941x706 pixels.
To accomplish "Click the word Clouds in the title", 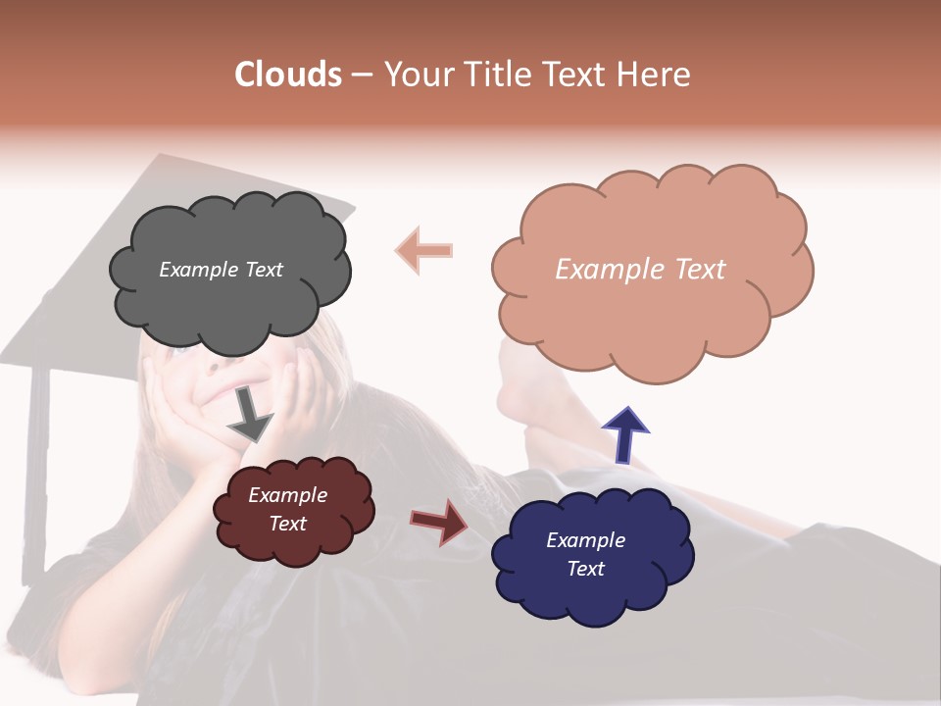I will pyautogui.click(x=288, y=75).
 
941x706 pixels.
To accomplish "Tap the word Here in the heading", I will pyautogui.click(x=656, y=75).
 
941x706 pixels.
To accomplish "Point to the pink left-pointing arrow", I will pyautogui.click(x=423, y=250).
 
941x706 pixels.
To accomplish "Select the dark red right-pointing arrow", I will pyautogui.click(x=439, y=521).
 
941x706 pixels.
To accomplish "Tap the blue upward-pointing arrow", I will pyautogui.click(x=624, y=434).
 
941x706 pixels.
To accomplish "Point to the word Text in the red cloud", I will pyautogui.click(x=287, y=524).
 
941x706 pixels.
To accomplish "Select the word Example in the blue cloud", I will pyautogui.click(x=585, y=540).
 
